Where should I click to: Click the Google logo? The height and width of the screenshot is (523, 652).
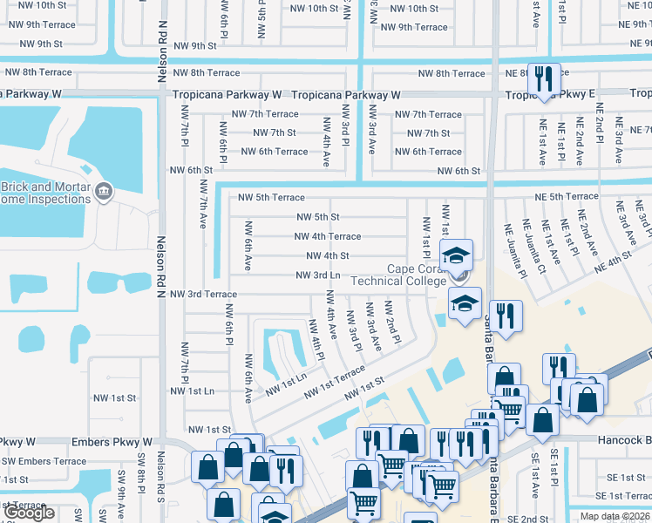pos(29,513)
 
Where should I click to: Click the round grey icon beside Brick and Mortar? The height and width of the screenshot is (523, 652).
pos(104,190)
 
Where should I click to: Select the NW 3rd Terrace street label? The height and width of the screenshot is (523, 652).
pos(203,295)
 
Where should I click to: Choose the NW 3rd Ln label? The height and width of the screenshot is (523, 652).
pos(323,275)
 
